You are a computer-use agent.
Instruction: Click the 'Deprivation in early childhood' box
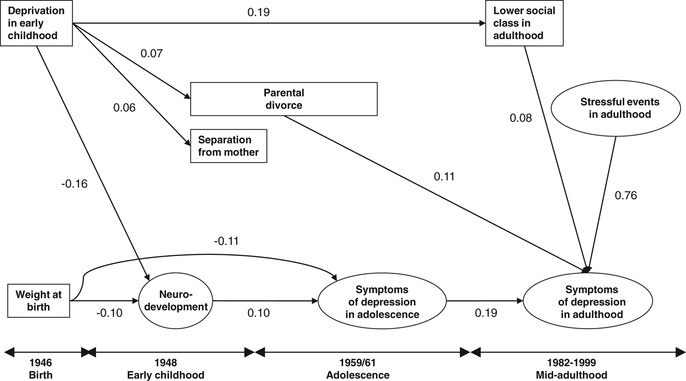(x=37, y=23)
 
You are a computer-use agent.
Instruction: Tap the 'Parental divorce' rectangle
(x=284, y=99)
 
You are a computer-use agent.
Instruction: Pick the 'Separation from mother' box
(x=228, y=146)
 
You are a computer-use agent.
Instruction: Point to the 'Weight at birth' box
(x=38, y=301)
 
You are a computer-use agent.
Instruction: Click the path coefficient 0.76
(x=626, y=195)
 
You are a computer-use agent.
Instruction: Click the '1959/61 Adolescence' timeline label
(x=357, y=369)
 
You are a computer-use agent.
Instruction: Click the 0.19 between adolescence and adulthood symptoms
(x=486, y=313)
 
